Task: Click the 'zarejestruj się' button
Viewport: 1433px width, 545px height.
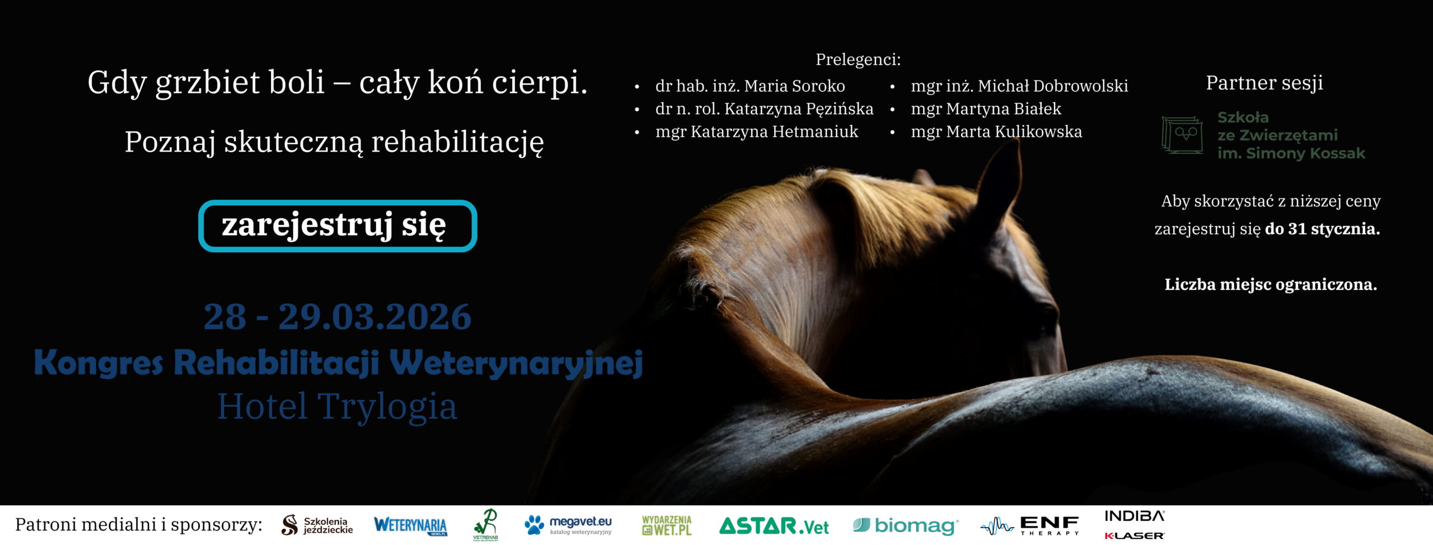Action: pos(337,226)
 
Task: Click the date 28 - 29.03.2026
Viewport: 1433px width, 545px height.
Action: pos(337,317)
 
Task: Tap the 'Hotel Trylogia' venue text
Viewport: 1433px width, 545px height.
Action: pos(337,406)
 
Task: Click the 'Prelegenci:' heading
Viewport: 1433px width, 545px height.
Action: pos(858,59)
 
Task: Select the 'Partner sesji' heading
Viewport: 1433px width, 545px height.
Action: pos(1264,83)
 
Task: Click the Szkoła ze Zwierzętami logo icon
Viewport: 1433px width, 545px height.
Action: pos(1182,135)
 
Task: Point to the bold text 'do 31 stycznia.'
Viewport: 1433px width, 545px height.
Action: pos(1322,229)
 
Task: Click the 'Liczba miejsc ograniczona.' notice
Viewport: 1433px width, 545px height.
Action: pos(1271,285)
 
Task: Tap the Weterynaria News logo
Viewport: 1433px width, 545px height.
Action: pos(410,525)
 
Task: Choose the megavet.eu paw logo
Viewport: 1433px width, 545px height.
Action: pos(534,524)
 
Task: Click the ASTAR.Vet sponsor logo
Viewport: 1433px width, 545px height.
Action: pos(774,526)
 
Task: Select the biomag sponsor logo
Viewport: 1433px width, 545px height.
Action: pos(905,525)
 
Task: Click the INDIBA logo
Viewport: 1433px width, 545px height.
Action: pos(1134,516)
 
